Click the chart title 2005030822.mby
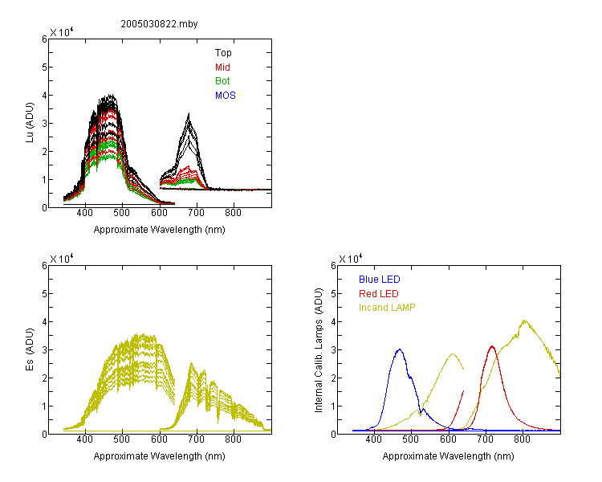coord(159,24)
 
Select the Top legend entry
coord(223,53)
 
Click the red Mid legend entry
coord(222,67)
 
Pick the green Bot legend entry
coord(222,81)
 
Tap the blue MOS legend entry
coord(225,96)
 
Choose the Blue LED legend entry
coord(380,280)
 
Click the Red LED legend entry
coord(379,294)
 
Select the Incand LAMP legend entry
coord(387,308)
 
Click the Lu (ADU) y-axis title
coord(30,123)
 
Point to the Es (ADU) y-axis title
coord(30,349)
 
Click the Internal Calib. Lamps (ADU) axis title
coord(319,350)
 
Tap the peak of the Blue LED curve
coord(400,349)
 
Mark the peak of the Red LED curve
coord(492,346)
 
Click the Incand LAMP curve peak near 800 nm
coord(524,321)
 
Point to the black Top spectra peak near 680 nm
coord(189,114)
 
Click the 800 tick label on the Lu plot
coord(233,213)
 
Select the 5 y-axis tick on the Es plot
coord(44,294)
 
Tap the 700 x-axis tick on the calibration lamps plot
coord(486,439)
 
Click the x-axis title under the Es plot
coord(160,456)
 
